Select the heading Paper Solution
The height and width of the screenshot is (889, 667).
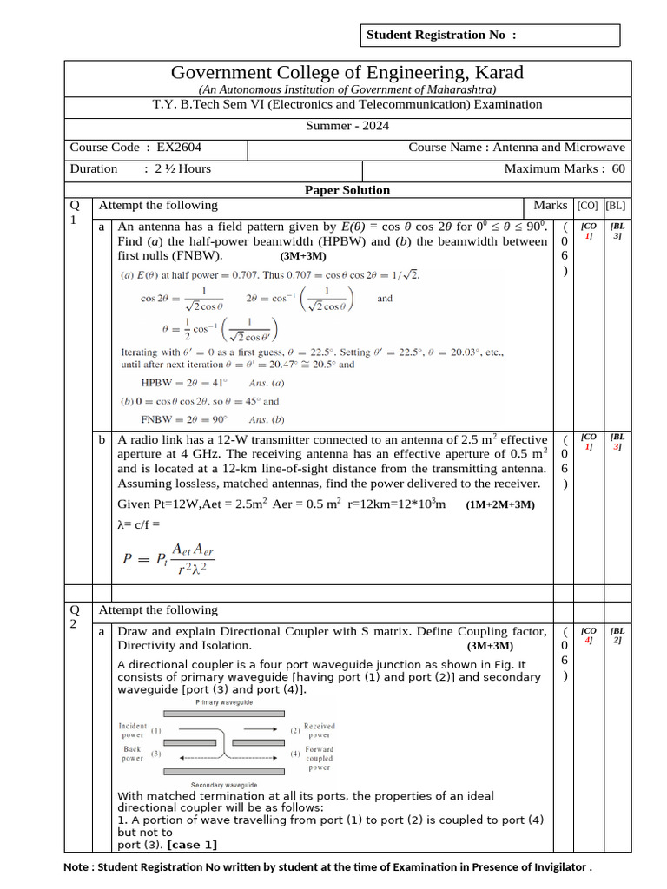point(347,190)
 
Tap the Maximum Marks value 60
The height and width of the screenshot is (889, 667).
point(618,168)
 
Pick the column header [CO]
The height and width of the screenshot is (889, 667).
point(588,206)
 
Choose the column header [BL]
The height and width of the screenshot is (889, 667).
point(616,206)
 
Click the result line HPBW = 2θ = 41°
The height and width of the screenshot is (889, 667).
point(183,382)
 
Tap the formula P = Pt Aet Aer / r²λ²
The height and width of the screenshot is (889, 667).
point(168,558)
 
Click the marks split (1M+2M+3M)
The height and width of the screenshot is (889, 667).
point(499,505)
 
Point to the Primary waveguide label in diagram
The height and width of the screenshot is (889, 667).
point(225,701)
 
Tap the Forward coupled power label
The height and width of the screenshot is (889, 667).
point(319,758)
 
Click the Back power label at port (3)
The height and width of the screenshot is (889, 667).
point(132,754)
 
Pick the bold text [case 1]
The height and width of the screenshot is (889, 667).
point(192,845)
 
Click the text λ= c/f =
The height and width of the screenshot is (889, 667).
point(139,524)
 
